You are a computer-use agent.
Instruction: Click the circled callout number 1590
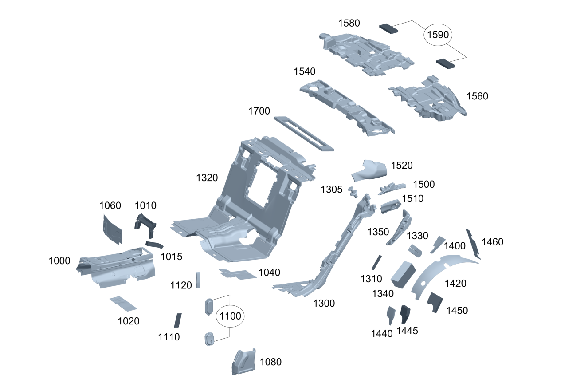point(438,35)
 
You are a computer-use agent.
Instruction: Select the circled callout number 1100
point(230,316)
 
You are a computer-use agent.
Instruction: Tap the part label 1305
point(332,190)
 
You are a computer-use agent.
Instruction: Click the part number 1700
point(259,111)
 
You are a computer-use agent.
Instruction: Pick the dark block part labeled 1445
point(404,314)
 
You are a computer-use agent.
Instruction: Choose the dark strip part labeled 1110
point(178,320)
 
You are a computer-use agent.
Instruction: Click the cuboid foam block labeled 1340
point(403,275)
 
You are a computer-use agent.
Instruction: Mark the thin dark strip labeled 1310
point(376,262)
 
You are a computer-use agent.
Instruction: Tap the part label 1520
point(402,166)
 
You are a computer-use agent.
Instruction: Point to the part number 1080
point(270,362)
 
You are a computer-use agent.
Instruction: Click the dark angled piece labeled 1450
point(435,302)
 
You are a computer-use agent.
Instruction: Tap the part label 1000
point(59,261)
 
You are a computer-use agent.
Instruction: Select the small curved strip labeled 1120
point(198,280)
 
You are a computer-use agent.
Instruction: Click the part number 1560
point(477,96)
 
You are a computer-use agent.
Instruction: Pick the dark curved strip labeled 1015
point(155,245)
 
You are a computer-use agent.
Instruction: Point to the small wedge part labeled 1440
point(391,315)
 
